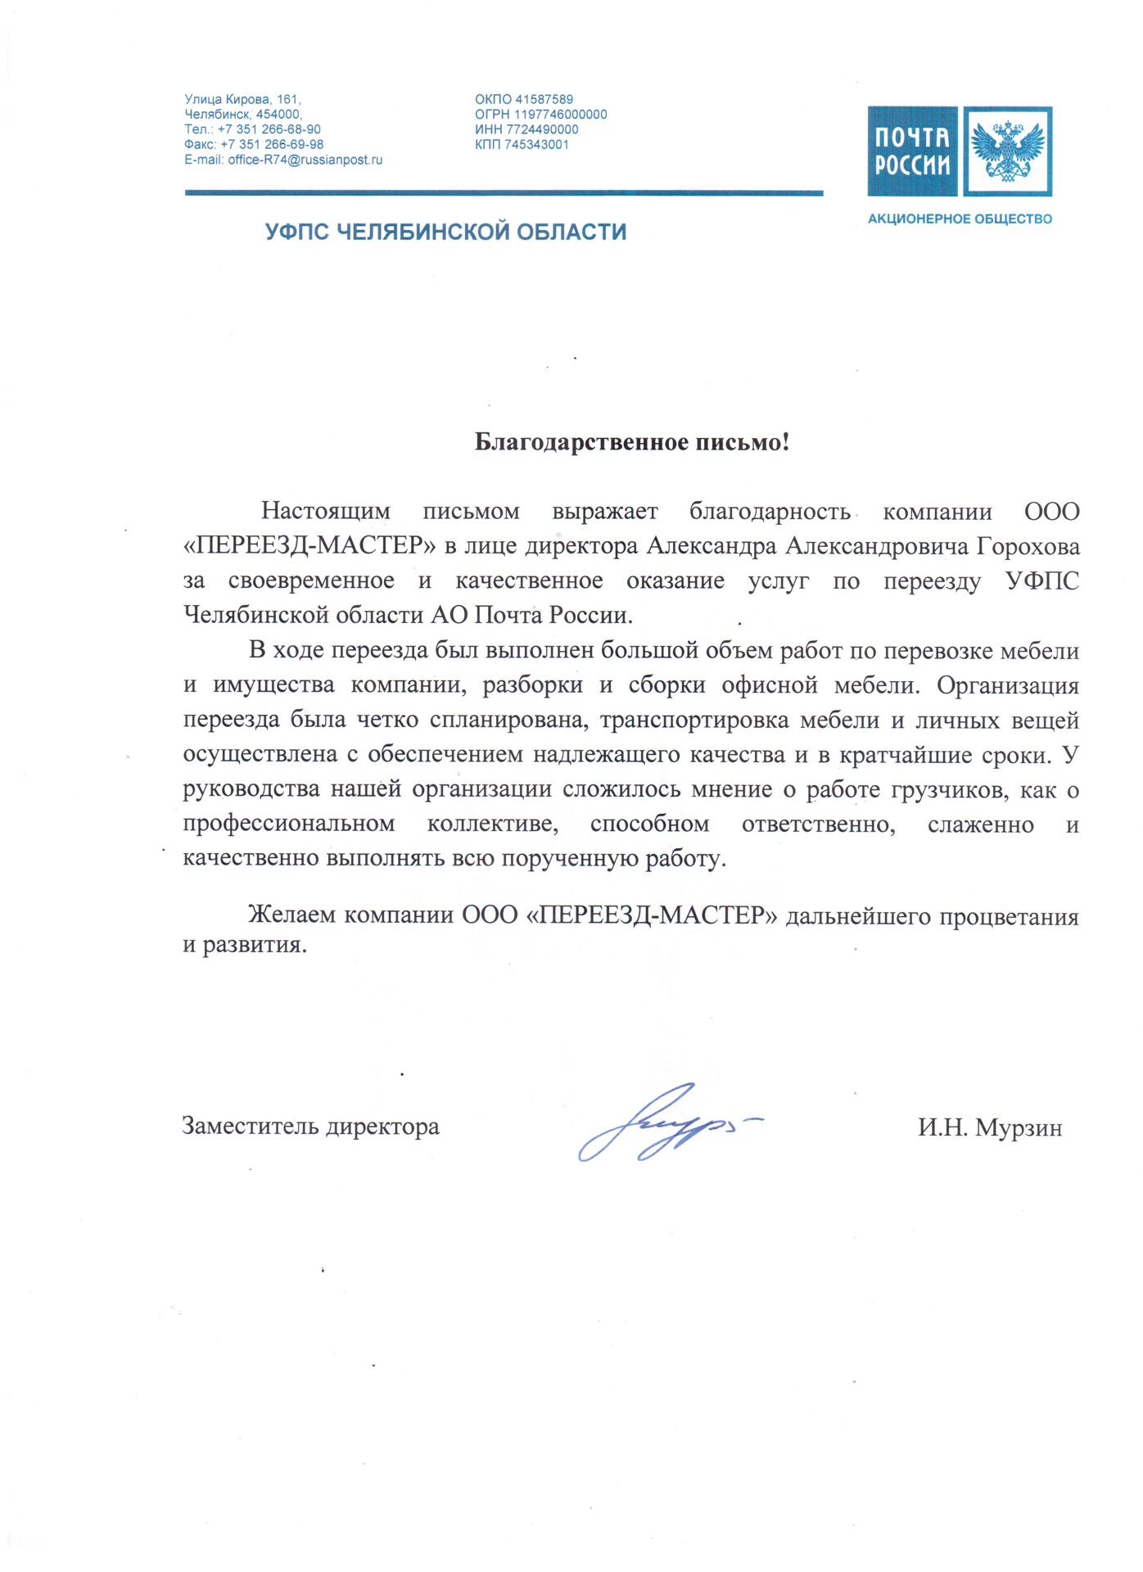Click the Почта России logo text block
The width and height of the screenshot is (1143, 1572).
point(912,151)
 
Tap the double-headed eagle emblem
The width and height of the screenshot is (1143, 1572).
point(1007,151)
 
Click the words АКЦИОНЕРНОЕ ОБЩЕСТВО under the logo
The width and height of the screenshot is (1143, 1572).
point(960,219)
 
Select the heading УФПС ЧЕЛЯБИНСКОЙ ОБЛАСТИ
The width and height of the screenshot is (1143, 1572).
point(445,233)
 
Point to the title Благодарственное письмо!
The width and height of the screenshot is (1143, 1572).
point(632,443)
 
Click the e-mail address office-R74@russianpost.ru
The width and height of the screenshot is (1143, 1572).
point(305,160)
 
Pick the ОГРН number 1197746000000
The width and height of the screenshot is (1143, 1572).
point(560,115)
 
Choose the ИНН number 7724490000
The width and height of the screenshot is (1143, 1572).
point(542,130)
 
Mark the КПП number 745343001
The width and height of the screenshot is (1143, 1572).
point(536,145)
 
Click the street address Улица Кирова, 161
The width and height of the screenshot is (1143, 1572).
point(242,100)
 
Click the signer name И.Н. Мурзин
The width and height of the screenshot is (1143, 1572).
point(989,1128)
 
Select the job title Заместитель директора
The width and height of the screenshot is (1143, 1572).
point(310,1127)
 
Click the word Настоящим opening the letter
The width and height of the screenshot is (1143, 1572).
point(325,512)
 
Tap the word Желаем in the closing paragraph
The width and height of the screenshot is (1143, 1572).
point(291,915)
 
